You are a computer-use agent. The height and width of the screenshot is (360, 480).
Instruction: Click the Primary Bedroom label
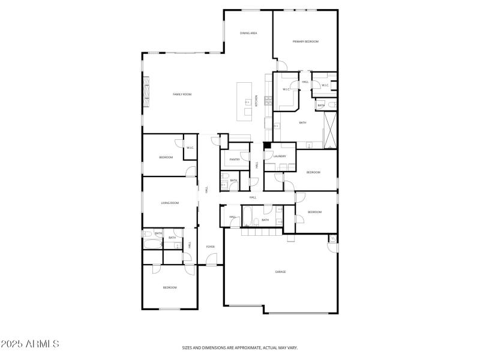click(305, 41)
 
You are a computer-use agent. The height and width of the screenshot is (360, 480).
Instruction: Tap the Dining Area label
click(248, 33)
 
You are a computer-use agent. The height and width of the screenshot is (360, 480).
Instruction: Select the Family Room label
click(182, 94)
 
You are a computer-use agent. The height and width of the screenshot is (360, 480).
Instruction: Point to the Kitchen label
click(257, 101)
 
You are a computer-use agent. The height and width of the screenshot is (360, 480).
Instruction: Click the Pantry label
click(235, 160)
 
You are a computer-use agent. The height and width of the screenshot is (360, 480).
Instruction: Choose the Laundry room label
click(279, 157)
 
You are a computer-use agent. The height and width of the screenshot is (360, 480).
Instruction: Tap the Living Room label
click(170, 203)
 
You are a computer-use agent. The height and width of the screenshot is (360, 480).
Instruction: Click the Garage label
click(280, 272)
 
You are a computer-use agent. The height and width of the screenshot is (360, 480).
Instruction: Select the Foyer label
click(211, 247)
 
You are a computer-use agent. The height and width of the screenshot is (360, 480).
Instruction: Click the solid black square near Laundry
click(267, 145)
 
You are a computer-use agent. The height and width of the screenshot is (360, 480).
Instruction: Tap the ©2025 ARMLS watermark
click(30, 344)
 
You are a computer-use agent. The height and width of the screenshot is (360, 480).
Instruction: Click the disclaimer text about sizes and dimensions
click(240, 347)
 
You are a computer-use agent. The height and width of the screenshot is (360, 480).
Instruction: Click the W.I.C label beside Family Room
click(190, 148)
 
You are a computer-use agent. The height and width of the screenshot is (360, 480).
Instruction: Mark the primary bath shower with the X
click(330, 130)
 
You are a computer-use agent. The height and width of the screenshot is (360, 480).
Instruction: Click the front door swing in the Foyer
click(212, 259)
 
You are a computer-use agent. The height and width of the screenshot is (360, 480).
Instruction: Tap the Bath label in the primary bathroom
click(302, 122)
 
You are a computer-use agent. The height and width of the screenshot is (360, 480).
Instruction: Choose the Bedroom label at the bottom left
click(170, 287)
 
